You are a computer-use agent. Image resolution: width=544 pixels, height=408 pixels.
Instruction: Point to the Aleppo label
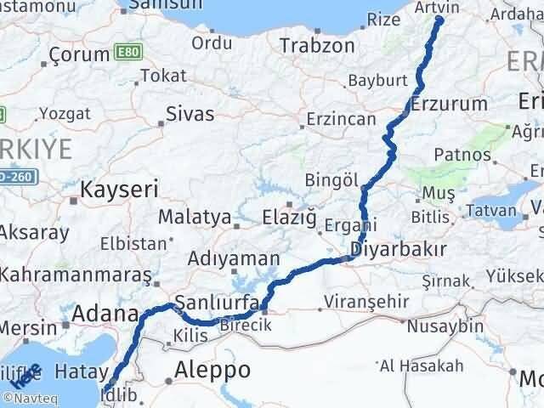pyautogui.click(x=212, y=370)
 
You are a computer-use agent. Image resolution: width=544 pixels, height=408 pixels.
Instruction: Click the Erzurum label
pyautogui.click(x=449, y=104)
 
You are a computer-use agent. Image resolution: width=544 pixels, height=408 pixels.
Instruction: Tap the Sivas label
pyautogui.click(x=190, y=113)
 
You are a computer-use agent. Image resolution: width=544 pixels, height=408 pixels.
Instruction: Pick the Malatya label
pyautogui.click(x=195, y=217)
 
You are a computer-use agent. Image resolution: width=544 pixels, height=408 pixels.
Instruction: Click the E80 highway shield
pyautogui.click(x=125, y=54)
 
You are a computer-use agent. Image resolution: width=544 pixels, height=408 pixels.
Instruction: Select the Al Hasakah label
pyautogui.click(x=422, y=366)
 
